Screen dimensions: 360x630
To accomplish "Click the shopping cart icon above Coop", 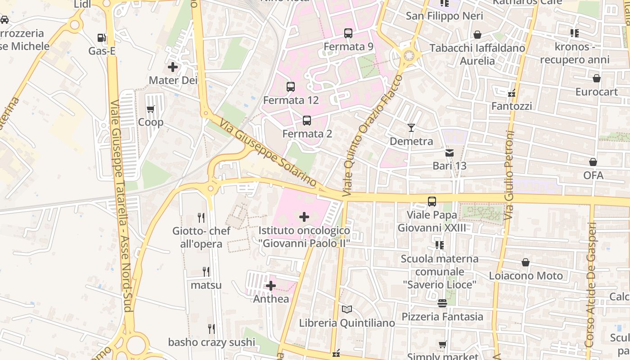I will coord(150,109).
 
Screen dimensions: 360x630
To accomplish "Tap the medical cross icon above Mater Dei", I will coord(173,67).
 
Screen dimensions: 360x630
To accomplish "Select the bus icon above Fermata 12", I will coord(291,87).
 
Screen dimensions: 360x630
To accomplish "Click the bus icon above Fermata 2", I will coord(307,121).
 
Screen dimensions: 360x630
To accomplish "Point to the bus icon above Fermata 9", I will coord(348,33).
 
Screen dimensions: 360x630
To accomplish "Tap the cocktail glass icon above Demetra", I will coord(411,128).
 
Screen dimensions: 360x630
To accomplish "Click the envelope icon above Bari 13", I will coord(450,153).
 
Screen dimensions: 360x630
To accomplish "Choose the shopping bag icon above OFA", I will coord(593,162).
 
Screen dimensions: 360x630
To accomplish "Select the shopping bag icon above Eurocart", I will coord(597,79).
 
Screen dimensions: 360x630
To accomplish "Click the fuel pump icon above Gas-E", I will coord(102,38).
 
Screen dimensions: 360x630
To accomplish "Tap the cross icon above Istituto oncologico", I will coord(304,217).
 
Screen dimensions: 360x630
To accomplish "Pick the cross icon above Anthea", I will coord(271,286).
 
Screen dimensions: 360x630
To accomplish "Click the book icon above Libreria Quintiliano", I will coord(347,310).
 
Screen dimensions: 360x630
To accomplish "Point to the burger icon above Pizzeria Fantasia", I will coord(442,303).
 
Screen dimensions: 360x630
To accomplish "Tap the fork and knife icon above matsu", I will coord(206,271).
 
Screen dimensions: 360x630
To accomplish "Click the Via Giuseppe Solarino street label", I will coord(269,153).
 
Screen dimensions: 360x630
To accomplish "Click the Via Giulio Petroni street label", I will coord(509,175).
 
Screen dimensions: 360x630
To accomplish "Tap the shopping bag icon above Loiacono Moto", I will coord(526,262).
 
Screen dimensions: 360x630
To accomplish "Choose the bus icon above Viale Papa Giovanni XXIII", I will coord(432,202).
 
